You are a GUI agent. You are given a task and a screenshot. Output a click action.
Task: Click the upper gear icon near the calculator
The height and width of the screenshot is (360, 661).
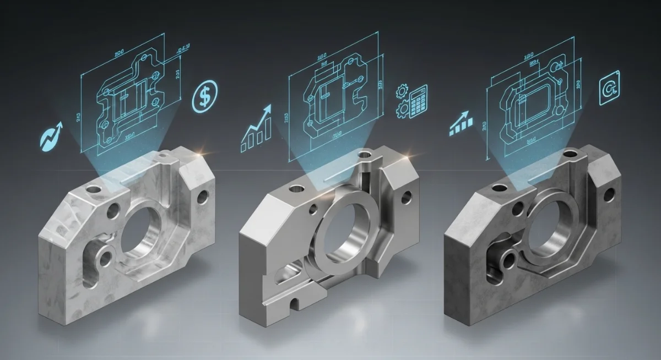coord(402,91)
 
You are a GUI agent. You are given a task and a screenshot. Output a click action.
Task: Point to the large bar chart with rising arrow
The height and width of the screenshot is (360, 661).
coord(257,129)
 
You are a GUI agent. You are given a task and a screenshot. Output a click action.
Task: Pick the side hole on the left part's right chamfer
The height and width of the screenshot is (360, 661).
coord(203,197)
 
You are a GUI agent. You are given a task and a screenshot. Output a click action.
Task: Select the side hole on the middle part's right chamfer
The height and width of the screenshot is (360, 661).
coord(408,195)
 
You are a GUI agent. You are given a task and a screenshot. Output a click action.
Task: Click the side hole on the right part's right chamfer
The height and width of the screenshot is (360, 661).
coord(610,194)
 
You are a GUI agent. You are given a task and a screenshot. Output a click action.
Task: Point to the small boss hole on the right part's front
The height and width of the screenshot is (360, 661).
coord(507,259)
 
